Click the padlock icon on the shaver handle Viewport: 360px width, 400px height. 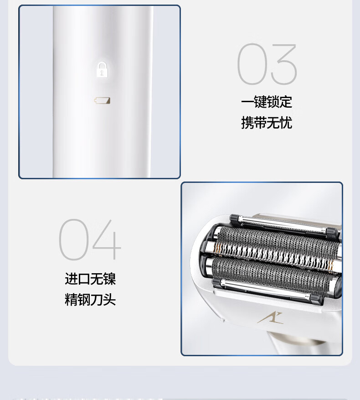click(102, 69)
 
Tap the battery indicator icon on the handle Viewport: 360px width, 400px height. click(102, 100)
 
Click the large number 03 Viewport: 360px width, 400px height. click(267, 64)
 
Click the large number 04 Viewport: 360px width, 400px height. click(90, 239)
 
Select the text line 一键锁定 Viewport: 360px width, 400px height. click(267, 102)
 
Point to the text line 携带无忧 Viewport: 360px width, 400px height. click(267, 123)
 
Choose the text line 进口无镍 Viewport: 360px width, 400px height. click(90, 279)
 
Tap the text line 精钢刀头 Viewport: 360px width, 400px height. click(90, 300)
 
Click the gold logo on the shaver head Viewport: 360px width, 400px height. click(270, 318)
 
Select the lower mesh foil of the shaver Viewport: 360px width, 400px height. click(273, 274)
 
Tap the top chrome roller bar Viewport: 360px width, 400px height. click(284, 224)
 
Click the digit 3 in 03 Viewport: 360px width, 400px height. click(284, 64)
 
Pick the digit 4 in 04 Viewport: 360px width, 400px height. click(107, 239)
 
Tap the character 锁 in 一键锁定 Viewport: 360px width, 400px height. click(273, 102)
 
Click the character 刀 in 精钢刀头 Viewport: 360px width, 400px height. click(97, 300)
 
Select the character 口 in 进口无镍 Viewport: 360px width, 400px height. click(84, 279)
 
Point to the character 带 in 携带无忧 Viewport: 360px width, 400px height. click(260, 123)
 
